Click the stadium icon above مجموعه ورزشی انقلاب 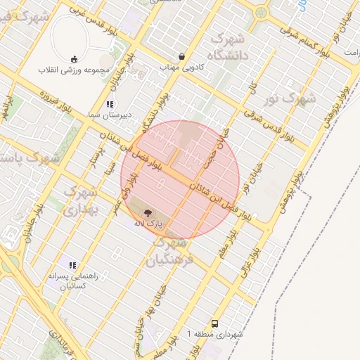coord(75,59)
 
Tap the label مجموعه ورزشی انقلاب coord(75,70)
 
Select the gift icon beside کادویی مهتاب coord(183,56)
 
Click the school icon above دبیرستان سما coord(109,104)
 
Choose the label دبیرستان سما coord(109,115)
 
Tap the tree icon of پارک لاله coord(148,212)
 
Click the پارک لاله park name coord(148,223)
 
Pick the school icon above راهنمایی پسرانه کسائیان coord(72,265)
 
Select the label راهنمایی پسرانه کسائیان coord(72,281)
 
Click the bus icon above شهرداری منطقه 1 coord(214,324)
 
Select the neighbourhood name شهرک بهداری coord(79,200)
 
